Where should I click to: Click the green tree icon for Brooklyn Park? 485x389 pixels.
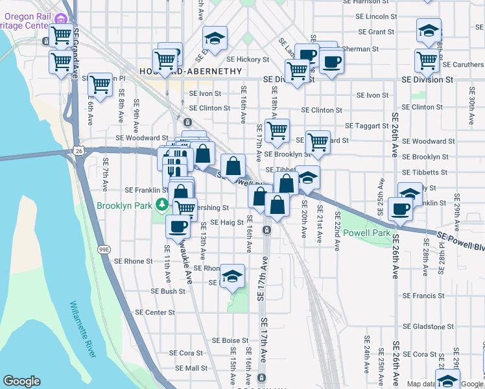[160, 206]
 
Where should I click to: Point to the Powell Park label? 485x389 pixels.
[366, 233]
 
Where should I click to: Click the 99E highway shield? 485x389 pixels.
[104, 249]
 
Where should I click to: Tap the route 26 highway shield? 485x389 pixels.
[78, 150]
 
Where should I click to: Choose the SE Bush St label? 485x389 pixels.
[168, 292]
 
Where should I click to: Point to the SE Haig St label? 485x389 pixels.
[226, 222]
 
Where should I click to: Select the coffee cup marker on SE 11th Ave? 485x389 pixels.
[177, 226]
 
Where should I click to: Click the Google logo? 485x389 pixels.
[21, 381]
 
